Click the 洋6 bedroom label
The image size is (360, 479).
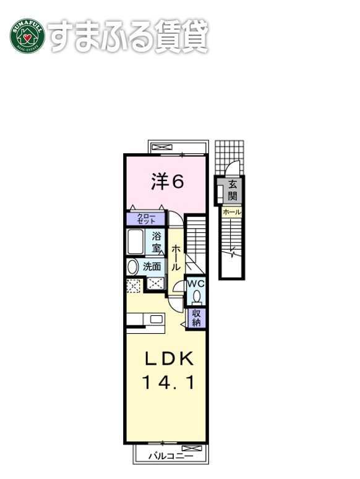click(168, 181)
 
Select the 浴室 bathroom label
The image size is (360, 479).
click(156, 241)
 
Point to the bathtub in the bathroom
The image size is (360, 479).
click(135, 242)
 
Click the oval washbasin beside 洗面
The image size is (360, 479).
click(132, 267)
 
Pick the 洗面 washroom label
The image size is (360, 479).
click(152, 267)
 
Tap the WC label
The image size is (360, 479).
click(195, 283)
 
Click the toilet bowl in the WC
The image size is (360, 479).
click(196, 297)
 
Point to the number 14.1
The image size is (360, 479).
click(169, 383)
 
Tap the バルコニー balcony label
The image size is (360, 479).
click(171, 456)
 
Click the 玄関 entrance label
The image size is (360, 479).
click(232, 190)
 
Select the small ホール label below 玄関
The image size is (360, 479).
click(231, 212)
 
